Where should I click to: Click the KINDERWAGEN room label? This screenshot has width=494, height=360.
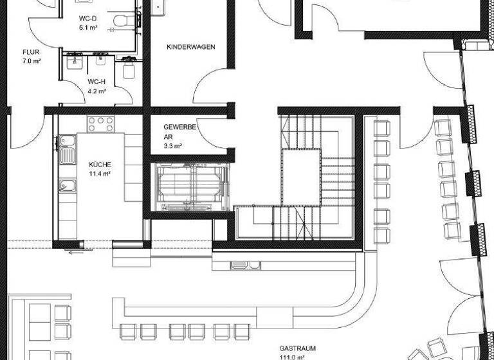[x=190, y=48]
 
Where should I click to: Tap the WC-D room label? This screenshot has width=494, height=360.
[x=87, y=19]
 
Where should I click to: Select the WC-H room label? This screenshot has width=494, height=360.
[x=96, y=82]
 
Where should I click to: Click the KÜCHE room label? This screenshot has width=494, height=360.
[x=100, y=164]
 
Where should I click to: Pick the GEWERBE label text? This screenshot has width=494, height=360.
[x=179, y=127]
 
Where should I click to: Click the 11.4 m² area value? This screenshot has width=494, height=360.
[x=100, y=174]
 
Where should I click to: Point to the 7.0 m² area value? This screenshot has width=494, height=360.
[x=31, y=61]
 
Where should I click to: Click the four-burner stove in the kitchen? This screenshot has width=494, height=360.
[x=100, y=123]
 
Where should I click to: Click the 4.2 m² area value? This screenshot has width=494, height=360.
[x=96, y=91]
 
